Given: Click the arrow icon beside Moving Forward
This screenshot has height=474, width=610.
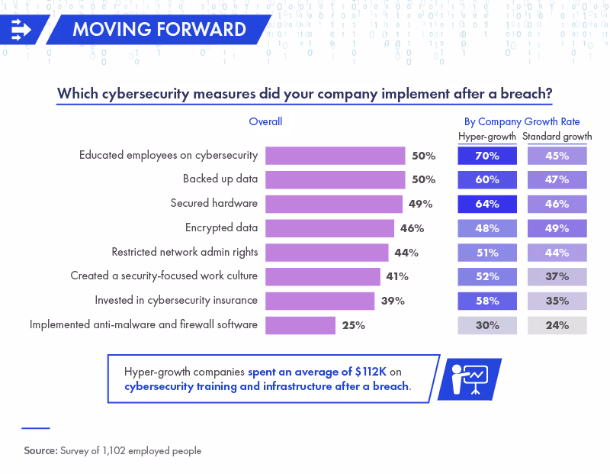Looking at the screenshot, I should [x=21, y=30].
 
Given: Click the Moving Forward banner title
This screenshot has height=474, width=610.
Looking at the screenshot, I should [x=159, y=30].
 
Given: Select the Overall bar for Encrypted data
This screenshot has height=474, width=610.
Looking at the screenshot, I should [x=329, y=228].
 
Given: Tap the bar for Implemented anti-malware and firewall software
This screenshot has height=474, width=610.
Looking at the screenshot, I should [x=300, y=325].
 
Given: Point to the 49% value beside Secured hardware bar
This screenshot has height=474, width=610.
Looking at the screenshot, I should [x=420, y=204].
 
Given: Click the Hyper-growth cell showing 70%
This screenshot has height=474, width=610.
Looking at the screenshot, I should [x=487, y=156].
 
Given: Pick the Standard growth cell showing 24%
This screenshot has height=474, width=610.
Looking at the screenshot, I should [x=557, y=325].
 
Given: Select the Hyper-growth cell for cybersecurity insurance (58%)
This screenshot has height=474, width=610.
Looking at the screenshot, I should [x=487, y=301].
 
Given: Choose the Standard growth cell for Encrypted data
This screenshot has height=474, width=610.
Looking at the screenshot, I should [x=557, y=228].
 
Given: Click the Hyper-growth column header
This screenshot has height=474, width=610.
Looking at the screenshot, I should [x=487, y=137].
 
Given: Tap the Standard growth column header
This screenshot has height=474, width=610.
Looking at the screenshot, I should [x=557, y=137].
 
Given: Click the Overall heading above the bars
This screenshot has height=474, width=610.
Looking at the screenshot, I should [x=265, y=121].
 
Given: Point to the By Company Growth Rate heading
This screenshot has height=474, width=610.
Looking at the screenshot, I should [x=522, y=121].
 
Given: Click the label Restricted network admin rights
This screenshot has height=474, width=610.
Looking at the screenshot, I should [x=185, y=252].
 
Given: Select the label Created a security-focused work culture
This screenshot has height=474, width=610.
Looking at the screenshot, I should [x=164, y=276].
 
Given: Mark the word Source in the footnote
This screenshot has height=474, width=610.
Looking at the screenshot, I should [x=40, y=451].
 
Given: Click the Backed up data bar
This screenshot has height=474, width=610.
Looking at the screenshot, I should [x=335, y=179].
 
